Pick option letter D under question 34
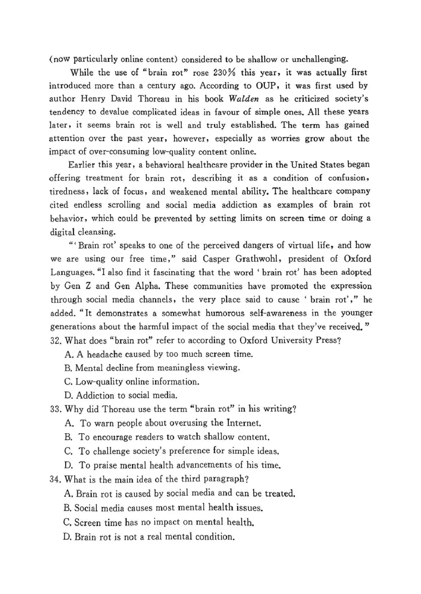tap(68, 537)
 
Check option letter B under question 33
tap(68, 437)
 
